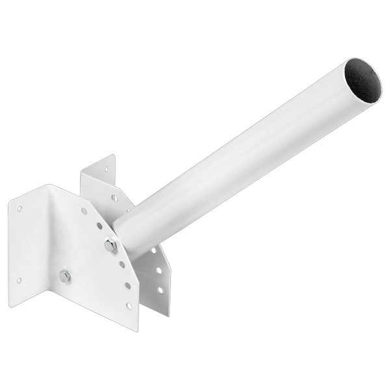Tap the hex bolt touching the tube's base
(x=110, y=246)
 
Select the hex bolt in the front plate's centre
(x=65, y=276)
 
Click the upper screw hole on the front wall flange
(x=19, y=209)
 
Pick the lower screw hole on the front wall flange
(x=19, y=280)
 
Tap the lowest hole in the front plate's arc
(x=129, y=305)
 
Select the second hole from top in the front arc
(x=98, y=226)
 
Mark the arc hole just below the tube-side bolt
(x=122, y=264)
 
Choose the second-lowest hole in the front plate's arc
(x=127, y=285)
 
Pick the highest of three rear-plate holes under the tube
(x=154, y=250)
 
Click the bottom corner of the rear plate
(x=167, y=315)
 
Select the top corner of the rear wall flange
(x=114, y=155)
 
